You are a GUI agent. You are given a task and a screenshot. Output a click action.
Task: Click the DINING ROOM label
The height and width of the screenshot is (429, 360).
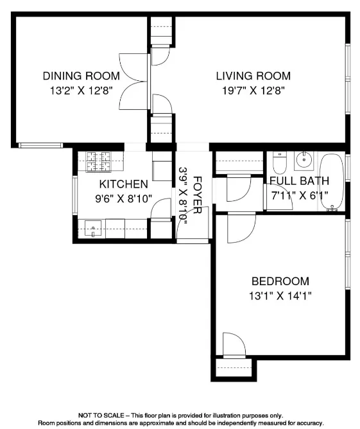(x=81, y=76)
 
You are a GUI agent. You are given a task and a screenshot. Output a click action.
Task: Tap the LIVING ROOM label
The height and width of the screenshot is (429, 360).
(x=253, y=76)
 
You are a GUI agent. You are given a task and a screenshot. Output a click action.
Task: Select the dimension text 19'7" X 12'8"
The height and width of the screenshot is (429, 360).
(x=253, y=91)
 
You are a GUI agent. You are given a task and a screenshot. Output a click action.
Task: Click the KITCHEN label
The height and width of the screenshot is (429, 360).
(x=124, y=184)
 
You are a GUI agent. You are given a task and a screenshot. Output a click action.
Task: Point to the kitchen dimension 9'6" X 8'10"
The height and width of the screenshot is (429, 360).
(x=124, y=198)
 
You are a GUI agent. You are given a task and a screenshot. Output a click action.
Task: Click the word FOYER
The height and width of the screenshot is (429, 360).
(x=198, y=195)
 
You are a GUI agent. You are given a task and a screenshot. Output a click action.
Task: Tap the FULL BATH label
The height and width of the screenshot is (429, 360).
(x=299, y=181)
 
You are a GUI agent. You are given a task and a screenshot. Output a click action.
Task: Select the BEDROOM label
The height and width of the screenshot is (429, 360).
(x=280, y=281)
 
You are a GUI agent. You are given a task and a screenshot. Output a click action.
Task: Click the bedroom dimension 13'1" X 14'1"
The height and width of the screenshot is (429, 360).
(x=280, y=296)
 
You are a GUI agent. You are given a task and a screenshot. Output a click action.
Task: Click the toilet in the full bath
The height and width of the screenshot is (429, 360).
(x=279, y=163)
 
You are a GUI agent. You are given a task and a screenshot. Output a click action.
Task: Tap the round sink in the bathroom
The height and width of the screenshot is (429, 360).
(x=304, y=161)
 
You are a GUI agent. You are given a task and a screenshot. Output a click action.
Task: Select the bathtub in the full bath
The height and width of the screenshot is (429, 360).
(x=332, y=182)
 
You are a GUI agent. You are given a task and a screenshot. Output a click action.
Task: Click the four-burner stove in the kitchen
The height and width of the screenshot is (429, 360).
(x=98, y=162)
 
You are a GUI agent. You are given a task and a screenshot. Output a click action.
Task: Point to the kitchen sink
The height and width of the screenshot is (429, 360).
(x=93, y=229)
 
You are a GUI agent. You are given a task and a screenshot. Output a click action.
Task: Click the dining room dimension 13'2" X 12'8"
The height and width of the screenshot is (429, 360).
(x=81, y=91)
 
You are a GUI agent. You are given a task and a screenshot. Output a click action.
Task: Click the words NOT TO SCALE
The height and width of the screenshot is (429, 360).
(x=101, y=416)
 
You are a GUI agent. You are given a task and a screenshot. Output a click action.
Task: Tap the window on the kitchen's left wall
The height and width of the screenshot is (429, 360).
(x=75, y=195)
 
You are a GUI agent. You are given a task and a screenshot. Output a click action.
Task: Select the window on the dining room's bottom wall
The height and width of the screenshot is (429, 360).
(x=40, y=146)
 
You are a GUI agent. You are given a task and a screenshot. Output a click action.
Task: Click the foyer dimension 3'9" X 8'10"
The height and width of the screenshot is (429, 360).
(x=183, y=196)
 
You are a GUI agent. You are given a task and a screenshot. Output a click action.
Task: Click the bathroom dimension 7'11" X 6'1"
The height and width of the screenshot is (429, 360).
(x=299, y=195)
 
